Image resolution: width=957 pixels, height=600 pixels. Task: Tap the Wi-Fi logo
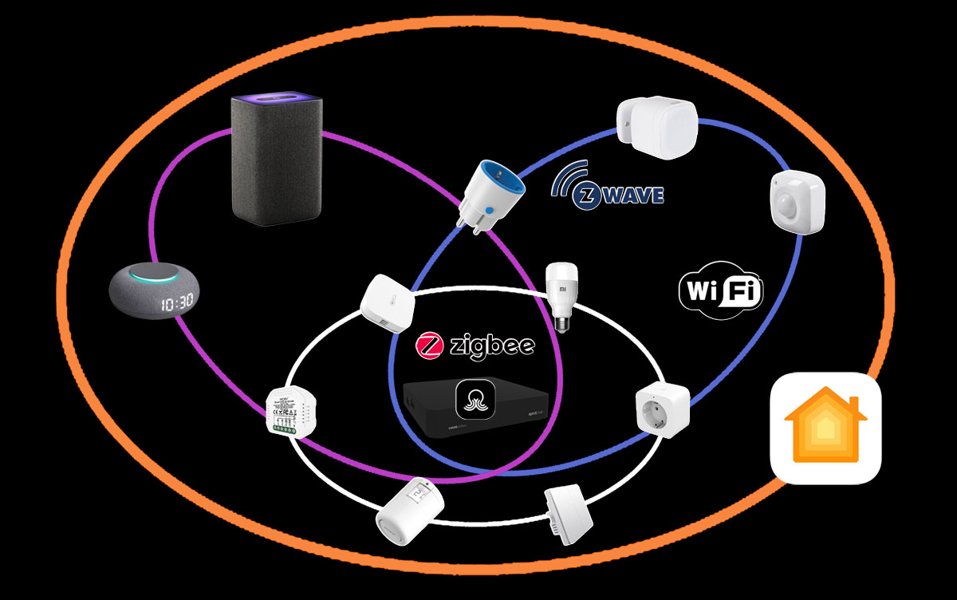click(x=721, y=290)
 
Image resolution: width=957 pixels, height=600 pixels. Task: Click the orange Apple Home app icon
click(x=825, y=428)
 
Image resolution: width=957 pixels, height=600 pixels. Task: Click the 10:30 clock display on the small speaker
click(x=176, y=304)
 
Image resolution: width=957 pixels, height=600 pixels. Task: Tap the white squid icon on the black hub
click(x=476, y=397)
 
